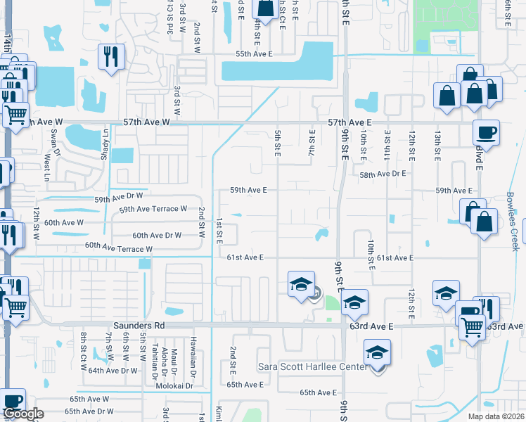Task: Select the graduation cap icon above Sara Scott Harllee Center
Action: coord(377,352)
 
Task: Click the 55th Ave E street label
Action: coord(254,54)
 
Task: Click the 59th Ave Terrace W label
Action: coord(153,209)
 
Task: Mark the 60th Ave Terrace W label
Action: coord(119,248)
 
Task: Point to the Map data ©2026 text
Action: coord(496,416)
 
